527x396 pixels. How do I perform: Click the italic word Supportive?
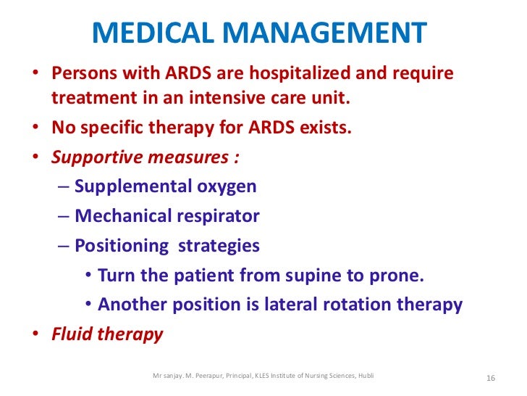95,157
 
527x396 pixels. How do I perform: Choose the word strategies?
219,246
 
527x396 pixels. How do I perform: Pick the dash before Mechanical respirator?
63,216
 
